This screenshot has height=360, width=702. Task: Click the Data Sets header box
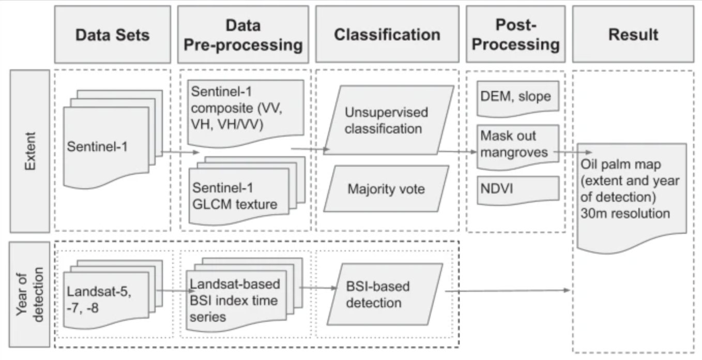pyautogui.click(x=112, y=35)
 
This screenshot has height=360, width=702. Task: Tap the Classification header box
pyautogui.click(x=387, y=35)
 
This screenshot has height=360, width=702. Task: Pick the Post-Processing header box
pyautogui.click(x=516, y=35)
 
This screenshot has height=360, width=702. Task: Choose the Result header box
pyautogui.click(x=633, y=35)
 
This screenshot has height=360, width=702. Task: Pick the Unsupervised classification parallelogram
pyautogui.click(x=388, y=121)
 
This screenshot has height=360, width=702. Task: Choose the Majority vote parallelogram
pyautogui.click(x=386, y=189)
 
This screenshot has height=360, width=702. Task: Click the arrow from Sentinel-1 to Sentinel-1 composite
pyautogui.click(x=180, y=152)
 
